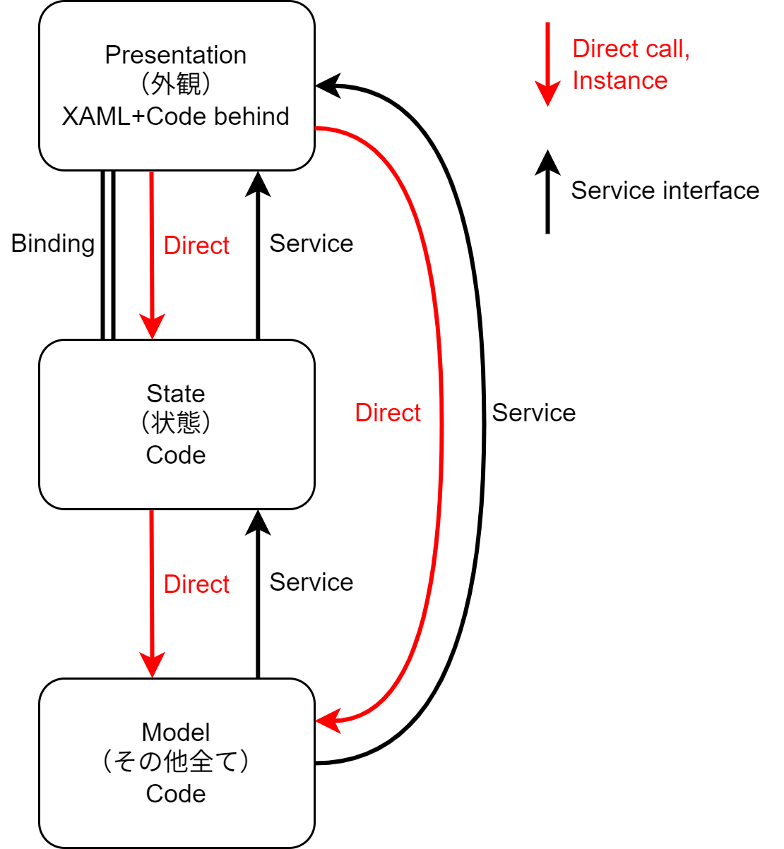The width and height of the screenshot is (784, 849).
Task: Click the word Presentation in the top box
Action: coord(175,55)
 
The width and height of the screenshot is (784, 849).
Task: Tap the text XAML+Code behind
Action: coord(175,116)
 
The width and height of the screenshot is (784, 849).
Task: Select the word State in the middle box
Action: coord(175,393)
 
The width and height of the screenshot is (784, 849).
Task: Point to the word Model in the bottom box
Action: coord(175,733)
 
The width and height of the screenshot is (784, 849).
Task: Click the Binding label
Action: coord(53,244)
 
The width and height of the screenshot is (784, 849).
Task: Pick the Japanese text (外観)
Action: coord(175,84)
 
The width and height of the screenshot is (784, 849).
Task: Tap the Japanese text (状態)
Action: coord(175,423)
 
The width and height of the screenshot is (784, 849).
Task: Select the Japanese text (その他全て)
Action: coord(175,761)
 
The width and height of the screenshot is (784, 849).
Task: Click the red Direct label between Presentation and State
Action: coord(196,246)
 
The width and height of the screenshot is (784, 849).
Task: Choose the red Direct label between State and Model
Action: coord(196,584)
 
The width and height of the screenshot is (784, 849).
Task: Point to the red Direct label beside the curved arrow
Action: coord(388,413)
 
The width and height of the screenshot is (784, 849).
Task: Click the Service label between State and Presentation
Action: coord(311,243)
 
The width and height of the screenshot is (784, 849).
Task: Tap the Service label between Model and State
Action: coord(311,582)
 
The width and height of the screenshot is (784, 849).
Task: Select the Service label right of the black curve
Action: coord(534,413)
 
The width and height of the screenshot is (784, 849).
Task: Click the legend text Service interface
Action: coord(665,191)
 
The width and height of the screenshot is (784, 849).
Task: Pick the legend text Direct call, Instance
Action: coord(631,64)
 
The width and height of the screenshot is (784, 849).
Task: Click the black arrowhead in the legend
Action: coord(547,162)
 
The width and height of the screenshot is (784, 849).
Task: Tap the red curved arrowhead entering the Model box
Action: coord(328,721)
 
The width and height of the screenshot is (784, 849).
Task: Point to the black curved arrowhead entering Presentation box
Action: coord(328,86)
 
